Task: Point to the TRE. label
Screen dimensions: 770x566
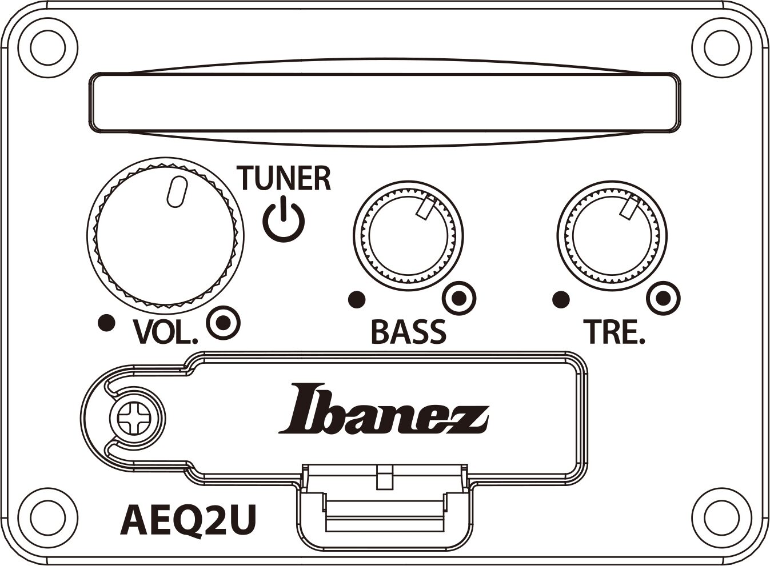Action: pyautogui.click(x=615, y=332)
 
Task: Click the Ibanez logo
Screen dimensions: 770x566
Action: pyautogui.click(x=384, y=409)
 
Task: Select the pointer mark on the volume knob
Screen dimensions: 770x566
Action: pyautogui.click(x=177, y=192)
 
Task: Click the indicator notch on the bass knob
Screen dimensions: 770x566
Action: pyautogui.click(x=426, y=207)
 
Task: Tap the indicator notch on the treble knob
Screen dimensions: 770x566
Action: pyautogui.click(x=629, y=207)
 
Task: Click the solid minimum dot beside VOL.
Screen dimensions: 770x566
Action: pyautogui.click(x=106, y=323)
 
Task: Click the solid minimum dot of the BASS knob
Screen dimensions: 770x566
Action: pyautogui.click(x=357, y=300)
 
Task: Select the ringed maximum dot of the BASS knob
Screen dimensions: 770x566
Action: pyautogui.click(x=459, y=298)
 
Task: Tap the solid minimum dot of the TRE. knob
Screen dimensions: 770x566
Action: pyautogui.click(x=561, y=300)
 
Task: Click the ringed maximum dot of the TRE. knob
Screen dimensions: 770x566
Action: pyautogui.click(x=664, y=298)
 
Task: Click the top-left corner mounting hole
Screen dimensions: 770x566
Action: pyautogui.click(x=48, y=48)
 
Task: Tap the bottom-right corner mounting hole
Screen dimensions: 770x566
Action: pyautogui.click(x=721, y=518)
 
